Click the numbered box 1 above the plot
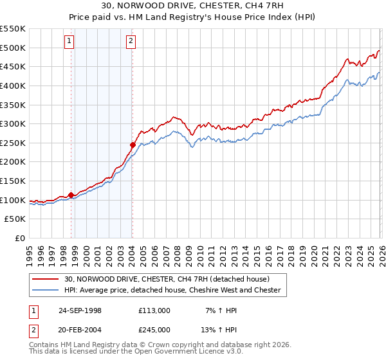tap(69, 42)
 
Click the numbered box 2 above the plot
tap(131, 42)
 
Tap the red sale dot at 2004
tap(133, 145)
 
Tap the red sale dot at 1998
tap(71, 195)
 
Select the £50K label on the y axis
tap(16, 219)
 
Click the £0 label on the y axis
tap(21, 239)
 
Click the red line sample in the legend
tap(46, 279)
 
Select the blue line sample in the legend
tap(46, 290)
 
